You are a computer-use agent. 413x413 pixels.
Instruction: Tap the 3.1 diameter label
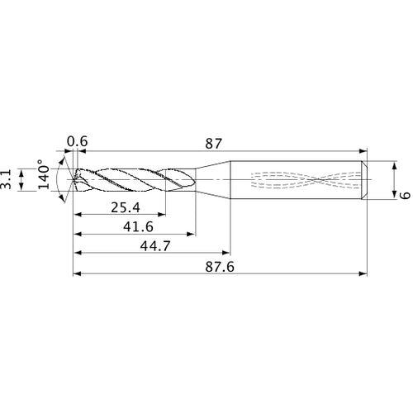[x=7, y=179]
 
